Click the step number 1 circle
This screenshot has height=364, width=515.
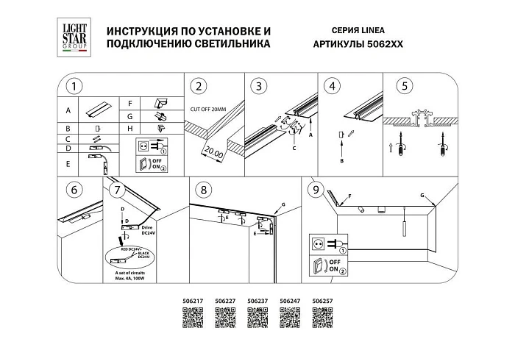click(73, 86)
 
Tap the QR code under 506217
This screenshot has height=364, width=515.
click(192, 318)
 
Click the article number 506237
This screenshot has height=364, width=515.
click(257, 301)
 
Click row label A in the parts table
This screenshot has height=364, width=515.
click(68, 110)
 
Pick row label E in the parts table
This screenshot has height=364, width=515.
click(68, 163)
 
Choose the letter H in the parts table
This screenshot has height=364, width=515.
click(130, 128)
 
